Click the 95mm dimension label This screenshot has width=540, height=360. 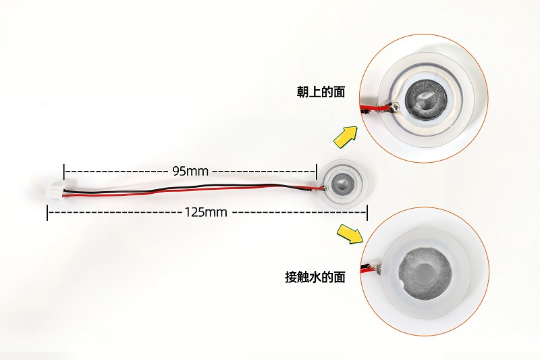190,171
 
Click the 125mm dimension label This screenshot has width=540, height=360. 206,212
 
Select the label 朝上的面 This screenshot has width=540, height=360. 321,92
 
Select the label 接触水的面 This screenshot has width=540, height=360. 315,277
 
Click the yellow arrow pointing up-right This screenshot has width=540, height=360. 346,136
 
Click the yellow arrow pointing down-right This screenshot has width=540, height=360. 350,234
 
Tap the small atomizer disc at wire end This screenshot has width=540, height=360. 342,184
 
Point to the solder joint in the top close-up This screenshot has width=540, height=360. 394,107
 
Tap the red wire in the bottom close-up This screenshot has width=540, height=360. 369,269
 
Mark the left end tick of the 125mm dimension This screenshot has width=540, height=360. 47,213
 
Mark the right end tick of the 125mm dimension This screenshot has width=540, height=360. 367,213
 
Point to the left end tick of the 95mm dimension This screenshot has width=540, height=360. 64,172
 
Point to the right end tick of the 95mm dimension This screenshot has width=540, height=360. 316,172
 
